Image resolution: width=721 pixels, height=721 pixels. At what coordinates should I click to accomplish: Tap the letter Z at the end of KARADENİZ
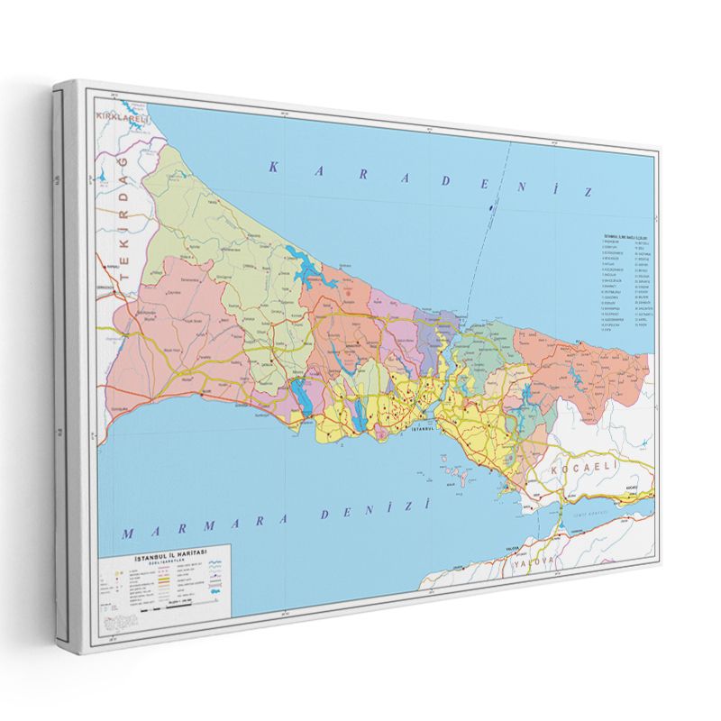coord(588,192)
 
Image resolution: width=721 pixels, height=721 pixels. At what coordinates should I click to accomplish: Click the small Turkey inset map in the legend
coord(116,622)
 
